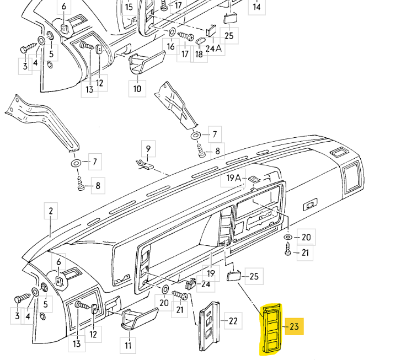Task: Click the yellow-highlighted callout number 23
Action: pos(295,326)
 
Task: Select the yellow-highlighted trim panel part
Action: pos(271,329)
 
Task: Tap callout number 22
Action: pos(233,321)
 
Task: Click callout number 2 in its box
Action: pos(51,211)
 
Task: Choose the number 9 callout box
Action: pos(148,148)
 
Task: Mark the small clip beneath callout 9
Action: pos(144,164)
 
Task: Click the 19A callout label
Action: pos(233,178)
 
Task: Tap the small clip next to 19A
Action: pos(254,179)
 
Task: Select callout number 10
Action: pos(137,89)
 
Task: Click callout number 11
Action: pos(128,346)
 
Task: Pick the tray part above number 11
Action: pos(140,319)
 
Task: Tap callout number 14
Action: pos(257,7)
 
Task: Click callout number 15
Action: pos(129,7)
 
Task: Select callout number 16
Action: pos(170,46)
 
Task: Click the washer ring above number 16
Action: pos(172,32)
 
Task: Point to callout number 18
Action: pos(199,54)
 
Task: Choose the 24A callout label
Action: pos(213,48)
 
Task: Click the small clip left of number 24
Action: pos(190,284)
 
